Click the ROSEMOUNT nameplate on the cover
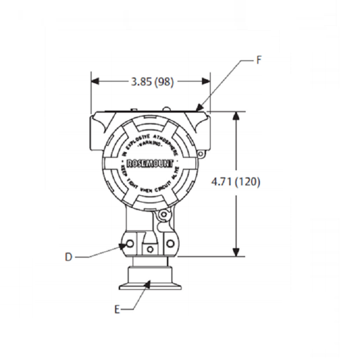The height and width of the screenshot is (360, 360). point(150,163)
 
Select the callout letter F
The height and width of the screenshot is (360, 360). point(259,60)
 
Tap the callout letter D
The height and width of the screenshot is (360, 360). point(68,257)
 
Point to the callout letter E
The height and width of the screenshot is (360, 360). point(117,310)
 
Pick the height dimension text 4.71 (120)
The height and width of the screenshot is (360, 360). point(236,182)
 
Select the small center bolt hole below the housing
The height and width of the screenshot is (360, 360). point(150,250)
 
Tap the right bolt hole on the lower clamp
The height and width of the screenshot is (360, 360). point(169,244)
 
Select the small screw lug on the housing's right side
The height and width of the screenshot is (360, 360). point(201,154)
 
